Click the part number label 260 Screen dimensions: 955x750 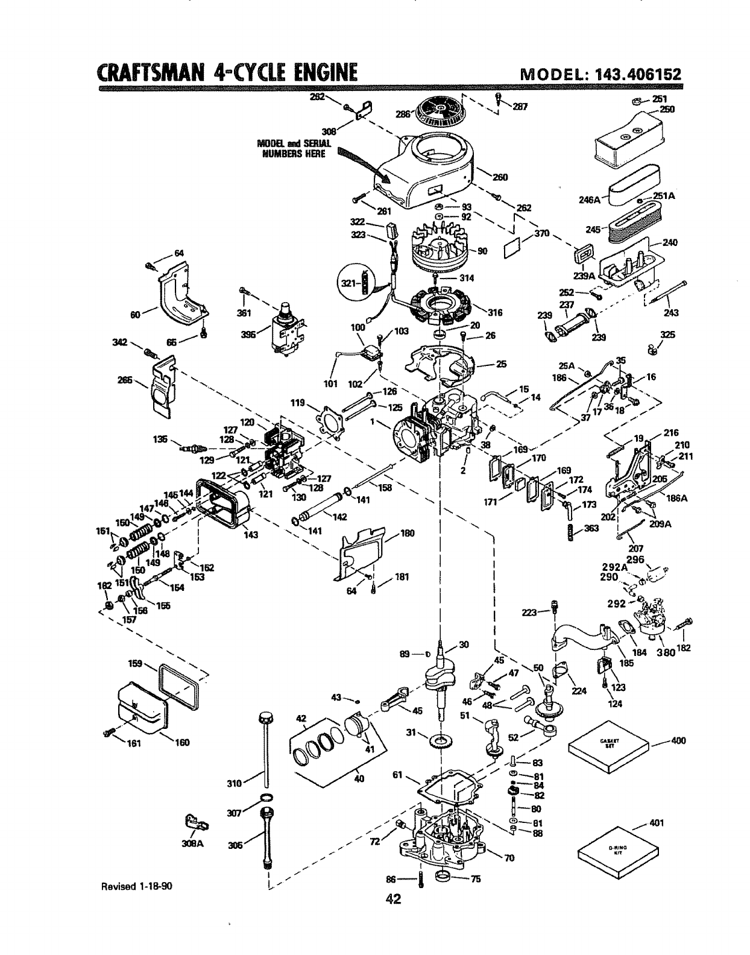pyautogui.click(x=500, y=177)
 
